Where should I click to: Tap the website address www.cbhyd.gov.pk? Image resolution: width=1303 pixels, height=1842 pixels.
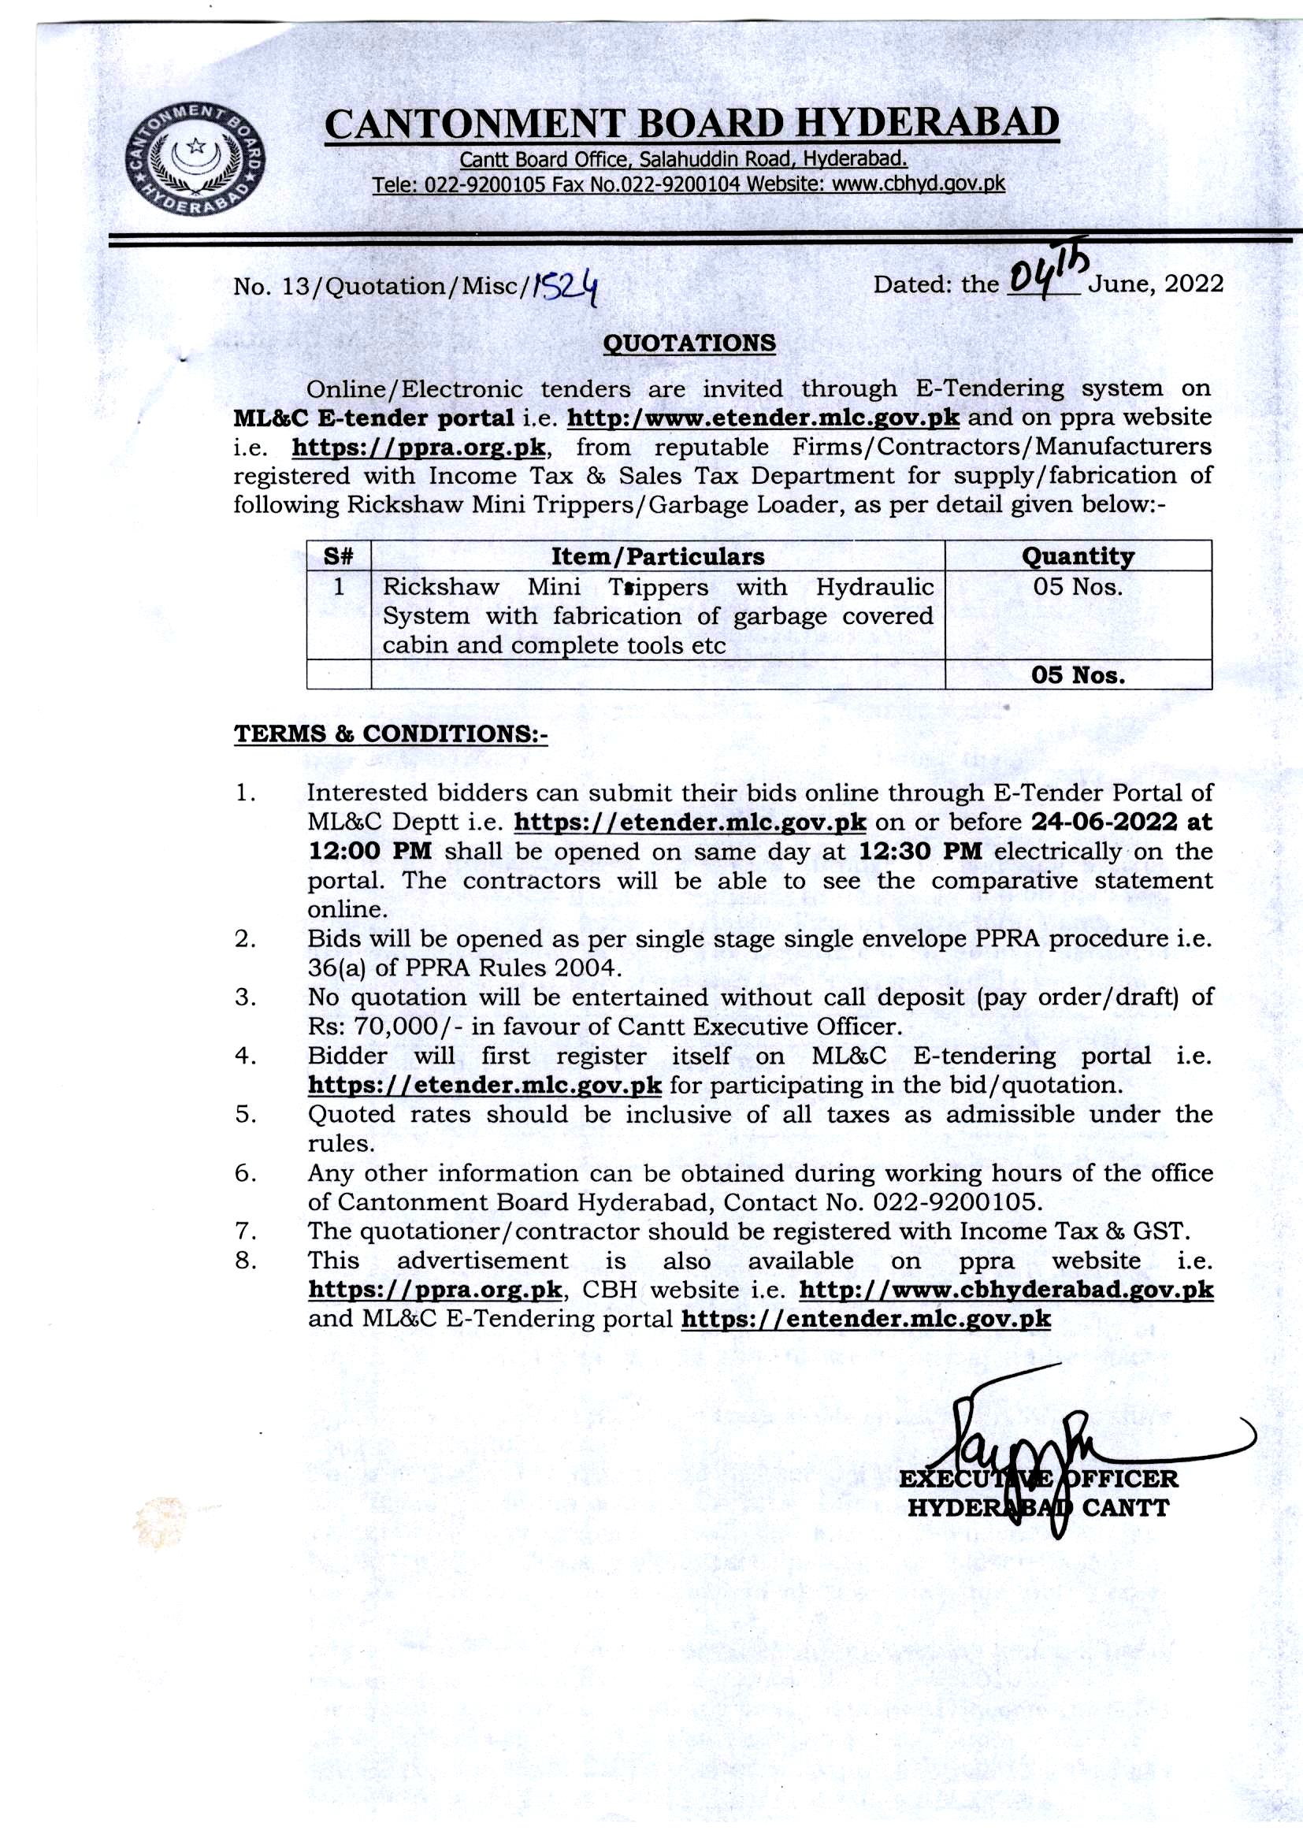click(918, 184)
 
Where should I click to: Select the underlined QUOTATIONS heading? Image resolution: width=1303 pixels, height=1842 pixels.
click(689, 344)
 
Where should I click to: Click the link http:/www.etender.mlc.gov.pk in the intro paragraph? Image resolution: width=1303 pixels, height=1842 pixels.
click(763, 418)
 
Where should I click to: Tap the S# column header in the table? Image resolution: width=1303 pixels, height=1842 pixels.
click(339, 556)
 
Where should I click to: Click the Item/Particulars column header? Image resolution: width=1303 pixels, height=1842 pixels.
click(657, 556)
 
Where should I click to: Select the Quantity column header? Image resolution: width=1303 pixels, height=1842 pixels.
click(1078, 556)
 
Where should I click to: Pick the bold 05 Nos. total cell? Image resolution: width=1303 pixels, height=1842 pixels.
click(1078, 674)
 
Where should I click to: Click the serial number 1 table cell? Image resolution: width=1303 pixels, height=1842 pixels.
click(339, 586)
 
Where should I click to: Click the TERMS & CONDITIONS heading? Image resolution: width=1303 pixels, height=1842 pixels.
click(391, 734)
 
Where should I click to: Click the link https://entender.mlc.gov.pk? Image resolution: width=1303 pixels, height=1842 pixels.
click(865, 1319)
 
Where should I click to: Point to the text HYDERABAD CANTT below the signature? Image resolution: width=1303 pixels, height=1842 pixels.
click(1038, 1507)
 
